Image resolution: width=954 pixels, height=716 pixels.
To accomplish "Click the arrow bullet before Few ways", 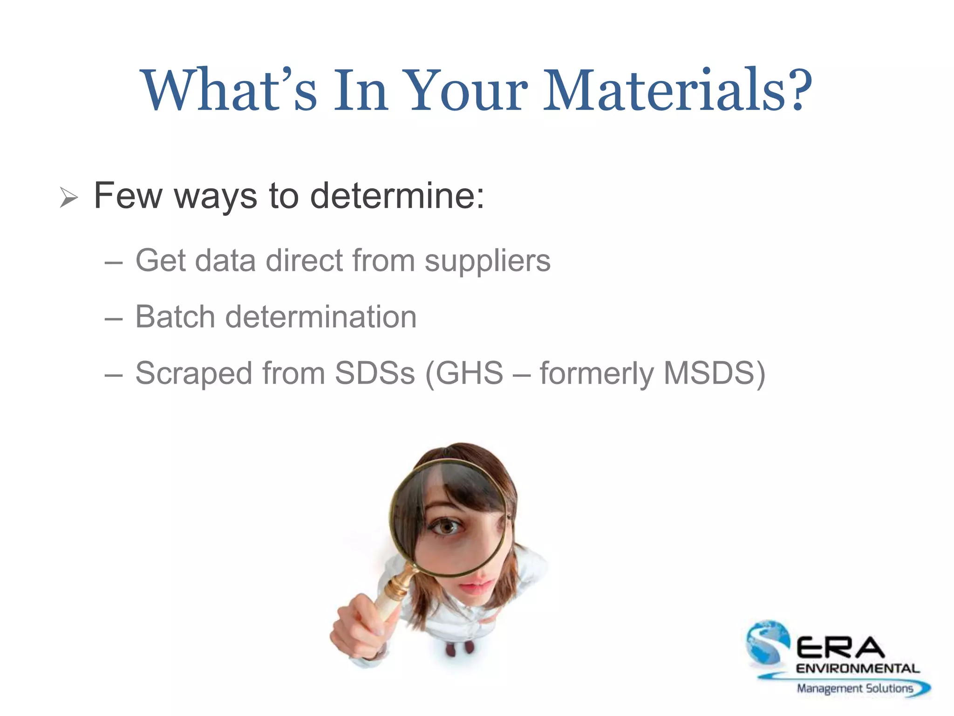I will coord(68,198).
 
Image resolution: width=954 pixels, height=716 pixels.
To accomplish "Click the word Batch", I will coord(175,317).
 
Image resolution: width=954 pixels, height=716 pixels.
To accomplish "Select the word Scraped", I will coord(193,374).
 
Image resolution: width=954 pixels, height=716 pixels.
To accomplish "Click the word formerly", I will coord(597,374).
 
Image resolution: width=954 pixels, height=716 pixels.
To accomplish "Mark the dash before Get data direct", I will coord(114,263).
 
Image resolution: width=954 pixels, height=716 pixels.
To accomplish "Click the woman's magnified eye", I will coord(448,527).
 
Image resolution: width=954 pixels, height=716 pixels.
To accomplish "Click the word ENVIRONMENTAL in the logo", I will coord(858,669).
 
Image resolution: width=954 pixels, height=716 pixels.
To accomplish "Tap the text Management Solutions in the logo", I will coord(855,688).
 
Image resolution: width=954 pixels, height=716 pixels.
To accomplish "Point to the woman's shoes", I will coord(459,648).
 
